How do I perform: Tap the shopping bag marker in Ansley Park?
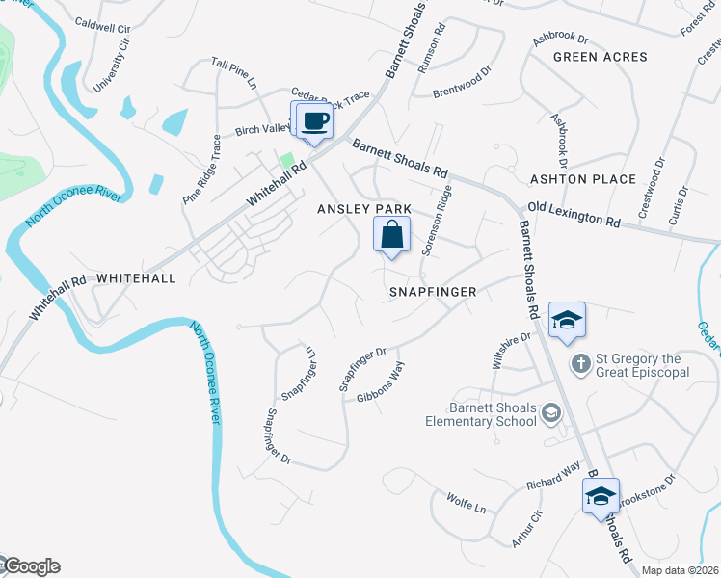pyautogui.click(x=392, y=235)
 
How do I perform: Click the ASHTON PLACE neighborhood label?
pyautogui.click(x=583, y=179)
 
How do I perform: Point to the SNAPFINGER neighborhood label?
pyautogui.click(x=433, y=289)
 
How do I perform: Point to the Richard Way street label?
pyautogui.click(x=553, y=475)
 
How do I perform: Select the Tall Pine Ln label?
pyautogui.click(x=235, y=73)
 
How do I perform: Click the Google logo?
pyautogui.click(x=32, y=566)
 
